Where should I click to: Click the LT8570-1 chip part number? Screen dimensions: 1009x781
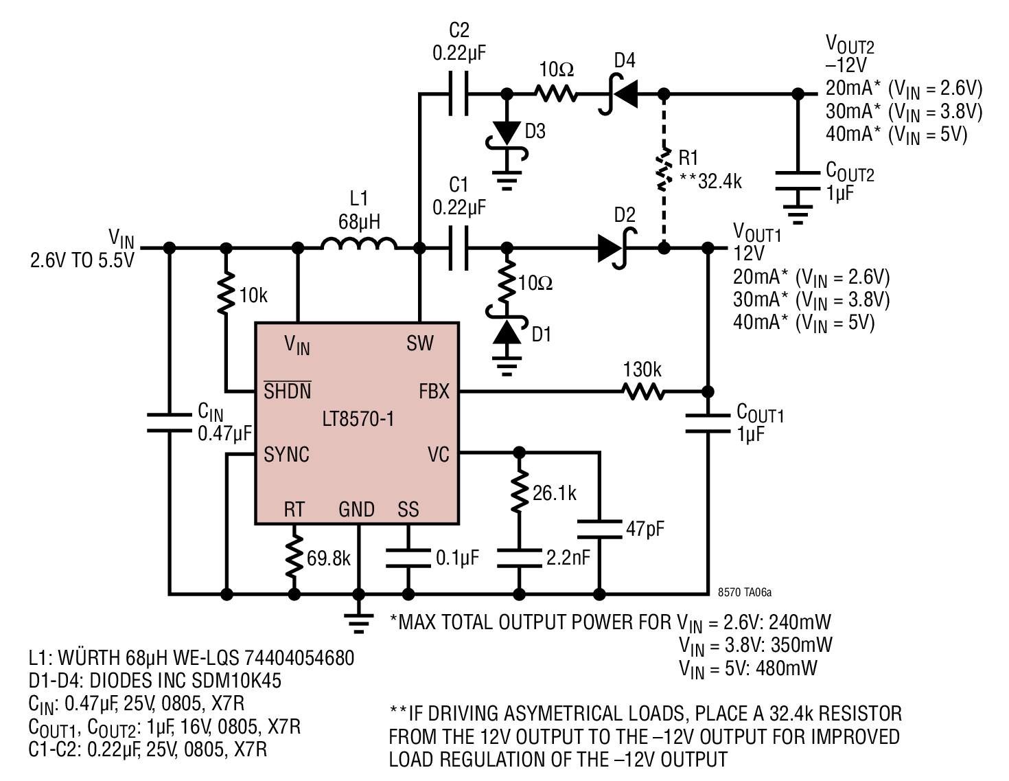tap(358, 419)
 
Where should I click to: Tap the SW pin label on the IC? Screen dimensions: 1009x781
tap(420, 343)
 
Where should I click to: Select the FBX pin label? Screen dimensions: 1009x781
tap(434, 392)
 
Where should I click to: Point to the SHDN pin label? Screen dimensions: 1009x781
tap(288, 390)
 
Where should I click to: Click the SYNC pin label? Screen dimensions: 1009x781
tap(286, 455)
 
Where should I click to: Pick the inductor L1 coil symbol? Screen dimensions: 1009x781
tap(359, 244)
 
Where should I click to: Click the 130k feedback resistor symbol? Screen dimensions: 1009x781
tap(643, 392)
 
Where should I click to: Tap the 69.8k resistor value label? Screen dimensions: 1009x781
tap(329, 558)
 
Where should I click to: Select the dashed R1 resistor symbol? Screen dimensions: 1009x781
tap(664, 169)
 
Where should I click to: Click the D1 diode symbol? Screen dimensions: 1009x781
tap(507, 325)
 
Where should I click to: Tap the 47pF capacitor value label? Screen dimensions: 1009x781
tap(645, 529)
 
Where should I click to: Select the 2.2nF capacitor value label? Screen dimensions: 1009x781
tap(568, 558)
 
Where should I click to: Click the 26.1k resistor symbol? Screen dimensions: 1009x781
tap(519, 490)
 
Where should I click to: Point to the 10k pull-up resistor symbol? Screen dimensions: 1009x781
tap(226, 293)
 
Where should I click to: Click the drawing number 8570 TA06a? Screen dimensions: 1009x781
tap(744, 592)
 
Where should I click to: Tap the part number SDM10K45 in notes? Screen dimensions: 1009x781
tap(236, 681)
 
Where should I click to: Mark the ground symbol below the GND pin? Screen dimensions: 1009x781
tap(358, 624)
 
